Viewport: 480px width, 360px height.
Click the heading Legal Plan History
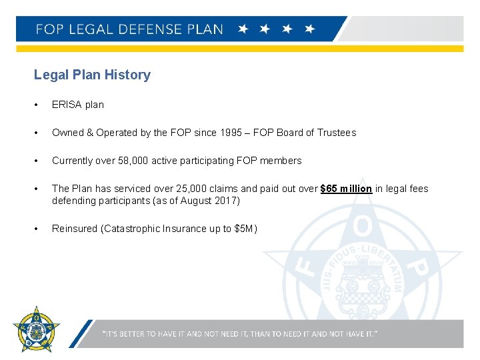[x=92, y=75]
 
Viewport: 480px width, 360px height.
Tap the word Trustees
[x=335, y=133]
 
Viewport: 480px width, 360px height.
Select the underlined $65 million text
[x=346, y=189]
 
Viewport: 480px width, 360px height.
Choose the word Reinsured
[x=74, y=229]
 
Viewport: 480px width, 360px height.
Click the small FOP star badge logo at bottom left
[x=36, y=329]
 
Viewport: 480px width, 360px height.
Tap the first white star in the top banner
[x=243, y=29]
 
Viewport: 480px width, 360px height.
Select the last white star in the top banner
[x=309, y=29]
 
